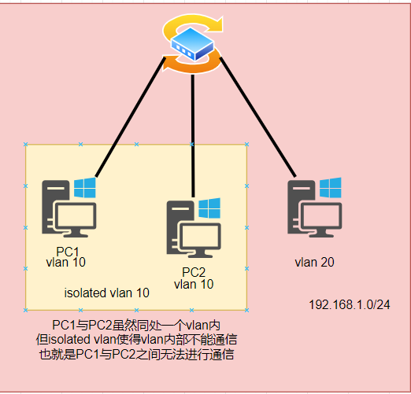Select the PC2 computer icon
pos(192,230)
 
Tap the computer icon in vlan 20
pos(314,208)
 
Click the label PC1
pos(68,252)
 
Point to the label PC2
pos(193,274)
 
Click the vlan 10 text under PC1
pos(68,262)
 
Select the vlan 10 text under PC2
pos(193,285)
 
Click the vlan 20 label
pos(314,262)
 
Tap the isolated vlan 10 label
pos(106,293)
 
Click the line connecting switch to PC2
pos(194,134)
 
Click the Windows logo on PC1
pos(84,188)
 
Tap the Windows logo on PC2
pos(209,208)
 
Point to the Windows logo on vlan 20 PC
pos(331,187)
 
